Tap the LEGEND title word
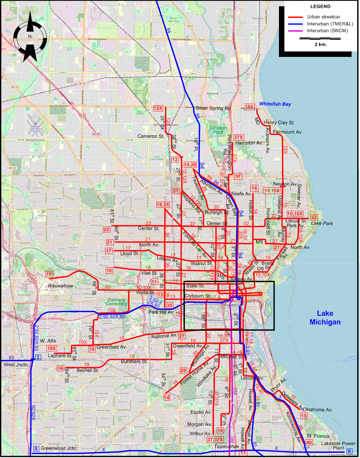click(320, 7)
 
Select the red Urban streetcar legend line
click(295, 17)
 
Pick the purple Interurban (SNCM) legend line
click(295, 31)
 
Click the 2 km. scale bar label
click(321, 44)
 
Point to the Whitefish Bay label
click(275, 104)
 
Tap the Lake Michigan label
click(325, 318)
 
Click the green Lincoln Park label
click(219, 130)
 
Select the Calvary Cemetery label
click(117, 302)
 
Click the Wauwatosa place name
click(60, 286)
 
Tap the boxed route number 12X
click(158, 108)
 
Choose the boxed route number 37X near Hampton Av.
click(238, 137)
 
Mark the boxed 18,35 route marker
click(163, 205)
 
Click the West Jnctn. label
click(16, 364)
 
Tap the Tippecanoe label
click(226, 446)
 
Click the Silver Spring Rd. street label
click(214, 108)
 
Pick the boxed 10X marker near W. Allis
click(51, 348)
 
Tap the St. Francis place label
click(318, 436)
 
